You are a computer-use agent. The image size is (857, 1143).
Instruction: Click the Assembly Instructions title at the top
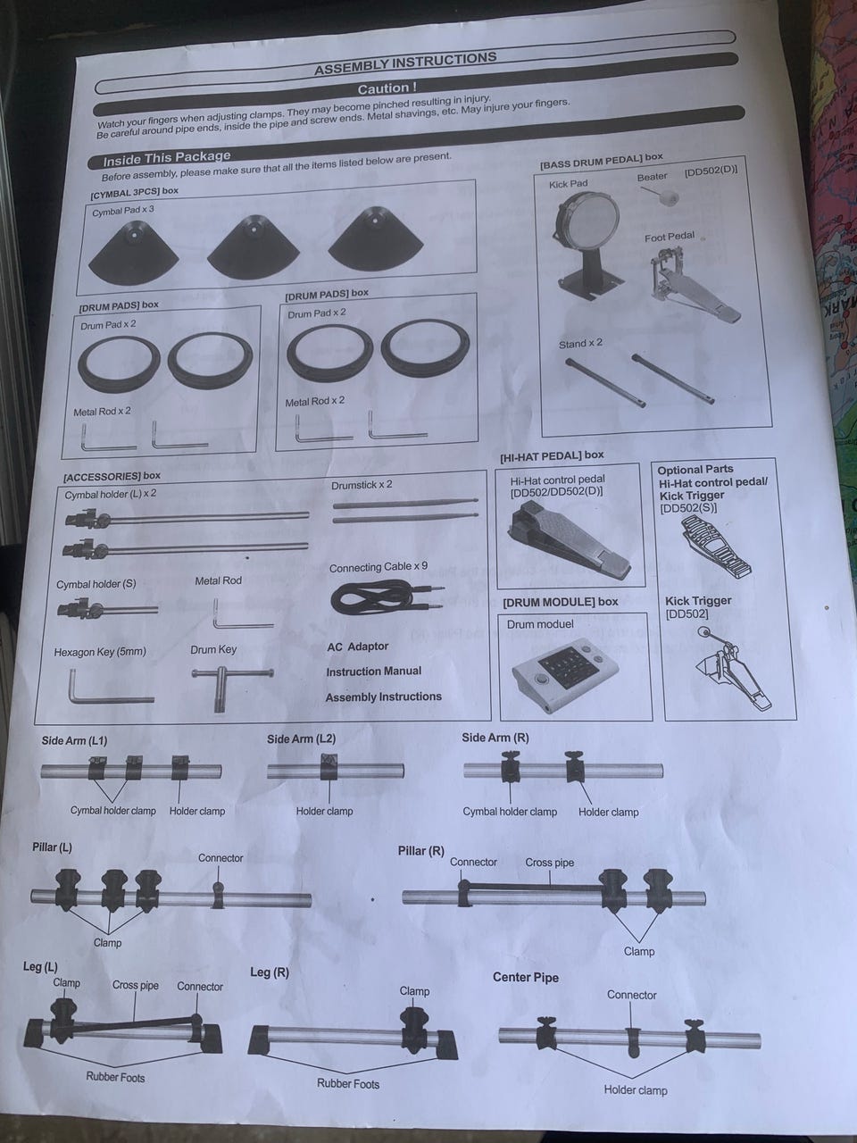click(405, 63)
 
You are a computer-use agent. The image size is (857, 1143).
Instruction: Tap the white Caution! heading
click(387, 88)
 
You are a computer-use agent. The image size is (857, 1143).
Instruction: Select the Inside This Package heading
click(167, 157)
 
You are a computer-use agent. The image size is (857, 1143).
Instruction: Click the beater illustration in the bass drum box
click(661, 196)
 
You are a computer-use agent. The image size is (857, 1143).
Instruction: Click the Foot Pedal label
click(670, 238)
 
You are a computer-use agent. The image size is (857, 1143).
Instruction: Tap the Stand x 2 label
click(580, 344)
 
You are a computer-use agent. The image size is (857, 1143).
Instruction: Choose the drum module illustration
click(565, 669)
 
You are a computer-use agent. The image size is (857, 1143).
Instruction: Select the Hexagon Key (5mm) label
click(100, 652)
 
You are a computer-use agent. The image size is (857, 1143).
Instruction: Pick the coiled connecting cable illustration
click(386, 597)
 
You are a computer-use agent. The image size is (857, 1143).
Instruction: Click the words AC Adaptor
click(357, 647)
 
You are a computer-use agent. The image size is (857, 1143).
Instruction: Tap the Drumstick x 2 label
click(362, 485)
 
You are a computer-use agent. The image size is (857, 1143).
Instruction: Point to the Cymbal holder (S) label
click(96, 584)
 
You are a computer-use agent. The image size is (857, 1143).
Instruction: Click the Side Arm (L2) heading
click(301, 738)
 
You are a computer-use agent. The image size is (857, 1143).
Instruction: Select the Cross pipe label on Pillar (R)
click(550, 863)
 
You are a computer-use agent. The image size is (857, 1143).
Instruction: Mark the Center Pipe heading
click(526, 978)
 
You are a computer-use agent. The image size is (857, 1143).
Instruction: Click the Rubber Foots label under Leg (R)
click(348, 1084)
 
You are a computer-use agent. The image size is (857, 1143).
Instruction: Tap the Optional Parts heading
click(695, 469)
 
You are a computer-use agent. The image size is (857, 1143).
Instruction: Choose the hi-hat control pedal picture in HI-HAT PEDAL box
click(570, 539)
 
